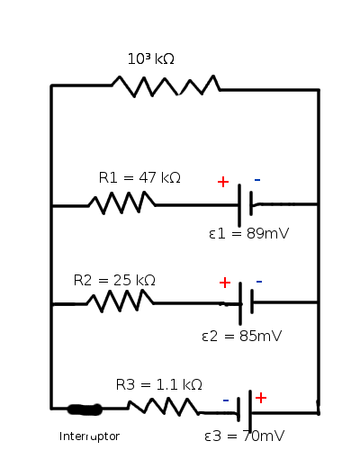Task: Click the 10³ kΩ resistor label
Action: coord(151,58)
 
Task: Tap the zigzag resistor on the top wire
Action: coord(166,86)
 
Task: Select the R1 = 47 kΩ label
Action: coord(139,177)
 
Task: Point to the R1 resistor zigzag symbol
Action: coord(121,202)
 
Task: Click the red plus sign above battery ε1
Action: coord(223,182)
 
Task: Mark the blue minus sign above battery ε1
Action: coord(257,180)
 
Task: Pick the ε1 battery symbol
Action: coord(246,205)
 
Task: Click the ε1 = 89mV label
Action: coord(249,233)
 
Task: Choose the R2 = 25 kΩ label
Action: coord(114,280)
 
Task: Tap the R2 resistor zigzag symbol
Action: coord(120,301)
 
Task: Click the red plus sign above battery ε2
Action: coord(225,283)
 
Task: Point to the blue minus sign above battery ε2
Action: coord(259,282)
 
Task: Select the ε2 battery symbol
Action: coord(247,303)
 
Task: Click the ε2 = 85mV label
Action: coord(242,336)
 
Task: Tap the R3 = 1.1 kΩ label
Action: coord(159,384)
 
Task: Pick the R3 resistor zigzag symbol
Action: coord(164,407)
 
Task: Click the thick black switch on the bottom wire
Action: coord(85,409)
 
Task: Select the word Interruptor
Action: coord(89,436)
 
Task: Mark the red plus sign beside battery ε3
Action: coord(261,398)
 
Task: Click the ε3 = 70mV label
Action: coord(244,436)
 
